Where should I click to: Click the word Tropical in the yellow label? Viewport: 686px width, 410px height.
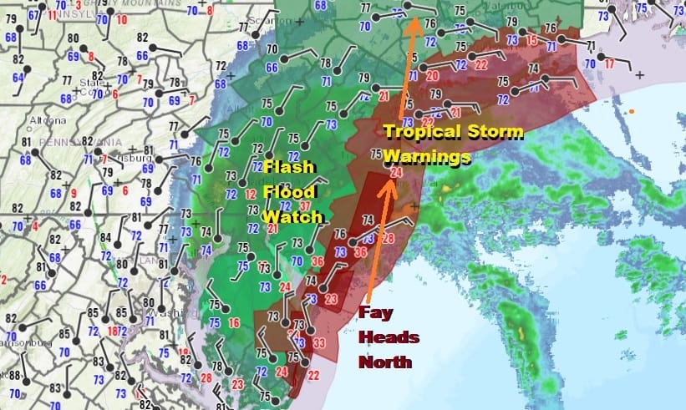click(427, 131)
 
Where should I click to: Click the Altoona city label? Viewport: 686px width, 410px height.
click(42, 120)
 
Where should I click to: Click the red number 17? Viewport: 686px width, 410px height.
click(609, 63)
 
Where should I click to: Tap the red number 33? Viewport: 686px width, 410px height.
click(318, 342)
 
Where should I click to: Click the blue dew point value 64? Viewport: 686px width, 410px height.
click(18, 78)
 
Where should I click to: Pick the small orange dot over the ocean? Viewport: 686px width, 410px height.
click(633, 112)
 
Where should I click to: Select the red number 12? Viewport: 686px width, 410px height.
click(251, 194)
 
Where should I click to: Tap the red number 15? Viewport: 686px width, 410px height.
click(531, 40)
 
